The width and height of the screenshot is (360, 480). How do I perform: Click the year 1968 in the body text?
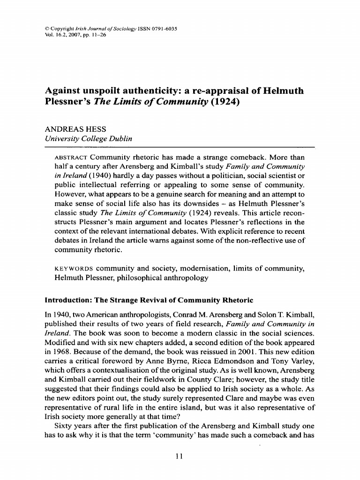click(60, 351)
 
